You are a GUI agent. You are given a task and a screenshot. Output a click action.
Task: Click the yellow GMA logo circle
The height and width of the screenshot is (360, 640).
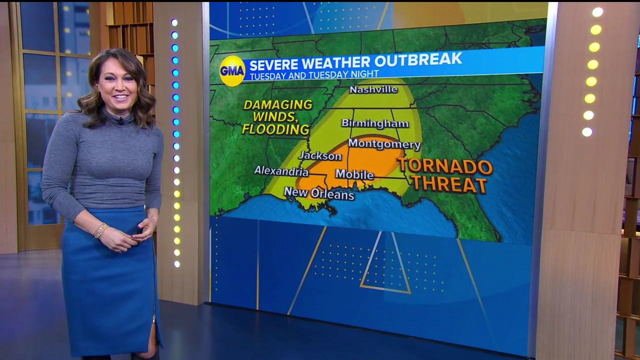(x=232, y=70)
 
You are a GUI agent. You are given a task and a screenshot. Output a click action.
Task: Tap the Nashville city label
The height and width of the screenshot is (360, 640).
(x=373, y=89)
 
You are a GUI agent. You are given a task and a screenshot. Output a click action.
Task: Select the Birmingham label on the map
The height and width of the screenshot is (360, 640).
(x=375, y=123)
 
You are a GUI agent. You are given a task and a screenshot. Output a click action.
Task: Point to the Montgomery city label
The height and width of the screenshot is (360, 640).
(x=384, y=144)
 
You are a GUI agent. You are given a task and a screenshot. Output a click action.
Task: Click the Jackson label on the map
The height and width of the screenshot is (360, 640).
(x=320, y=156)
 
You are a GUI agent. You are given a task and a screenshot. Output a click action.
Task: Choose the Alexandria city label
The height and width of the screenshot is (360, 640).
(x=281, y=171)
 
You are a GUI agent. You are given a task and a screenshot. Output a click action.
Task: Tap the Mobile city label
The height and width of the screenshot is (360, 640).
(x=354, y=174)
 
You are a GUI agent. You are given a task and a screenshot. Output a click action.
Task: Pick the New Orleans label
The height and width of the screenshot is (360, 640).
(x=319, y=193)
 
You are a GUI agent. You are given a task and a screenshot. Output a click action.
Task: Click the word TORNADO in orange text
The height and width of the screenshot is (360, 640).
(x=445, y=166)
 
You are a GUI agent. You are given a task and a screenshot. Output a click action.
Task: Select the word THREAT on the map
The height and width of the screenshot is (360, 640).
(x=449, y=184)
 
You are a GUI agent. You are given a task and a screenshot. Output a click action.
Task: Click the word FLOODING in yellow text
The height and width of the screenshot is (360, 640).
(x=275, y=129)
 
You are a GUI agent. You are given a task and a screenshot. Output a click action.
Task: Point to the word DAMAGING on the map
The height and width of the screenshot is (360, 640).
(x=277, y=105)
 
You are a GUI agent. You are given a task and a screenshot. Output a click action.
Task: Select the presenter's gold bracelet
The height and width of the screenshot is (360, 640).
(x=100, y=230)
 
